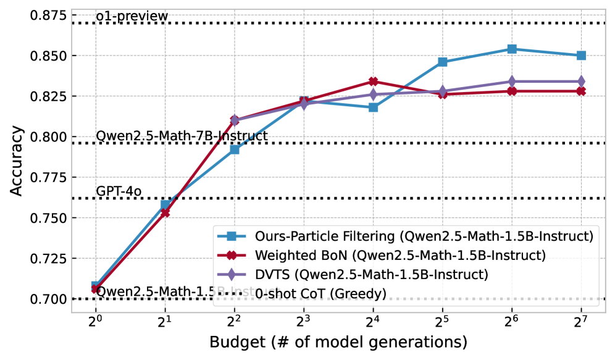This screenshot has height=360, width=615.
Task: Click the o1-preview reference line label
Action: tap(132, 16)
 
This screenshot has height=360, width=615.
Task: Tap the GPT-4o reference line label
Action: tap(119, 191)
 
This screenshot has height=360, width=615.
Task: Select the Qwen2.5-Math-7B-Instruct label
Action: tap(182, 135)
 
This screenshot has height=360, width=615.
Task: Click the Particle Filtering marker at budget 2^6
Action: tap(512, 49)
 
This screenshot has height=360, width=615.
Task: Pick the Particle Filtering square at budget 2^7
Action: tap(581, 56)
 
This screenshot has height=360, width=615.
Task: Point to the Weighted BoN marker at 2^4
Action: tap(373, 82)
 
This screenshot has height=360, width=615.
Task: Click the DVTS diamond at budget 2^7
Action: tap(581, 82)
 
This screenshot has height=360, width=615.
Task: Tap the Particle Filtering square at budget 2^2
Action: tap(234, 149)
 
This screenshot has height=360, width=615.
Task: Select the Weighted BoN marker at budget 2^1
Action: tap(165, 212)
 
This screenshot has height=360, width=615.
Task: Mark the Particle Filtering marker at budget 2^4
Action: tap(373, 107)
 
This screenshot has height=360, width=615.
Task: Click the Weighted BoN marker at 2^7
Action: tap(581, 91)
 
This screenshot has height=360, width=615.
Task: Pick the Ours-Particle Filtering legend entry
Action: tap(401, 235)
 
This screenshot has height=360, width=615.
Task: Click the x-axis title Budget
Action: tap(338, 341)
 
